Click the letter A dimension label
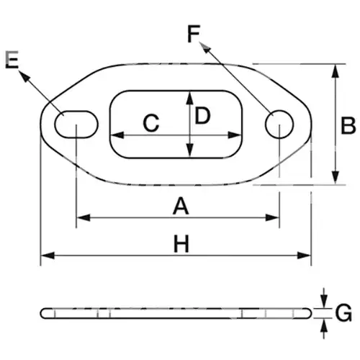[x=181, y=206]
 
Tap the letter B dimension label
[x=348, y=125]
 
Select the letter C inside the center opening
[x=151, y=123]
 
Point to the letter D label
[x=202, y=116]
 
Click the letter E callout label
[x=12, y=60]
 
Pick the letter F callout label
[x=194, y=34]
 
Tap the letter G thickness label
[x=343, y=312]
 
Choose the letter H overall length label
[x=181, y=244]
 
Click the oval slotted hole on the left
[x=76, y=125]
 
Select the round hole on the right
[x=279, y=125]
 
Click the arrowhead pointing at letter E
[x=24, y=76]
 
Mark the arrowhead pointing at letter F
[x=204, y=47]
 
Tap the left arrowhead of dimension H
[x=48, y=256]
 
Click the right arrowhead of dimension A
[x=272, y=217]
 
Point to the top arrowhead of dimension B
[x=336, y=71]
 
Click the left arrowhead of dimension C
[x=117, y=135]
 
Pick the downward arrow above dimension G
[x=324, y=298]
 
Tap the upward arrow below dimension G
[x=324, y=328]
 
